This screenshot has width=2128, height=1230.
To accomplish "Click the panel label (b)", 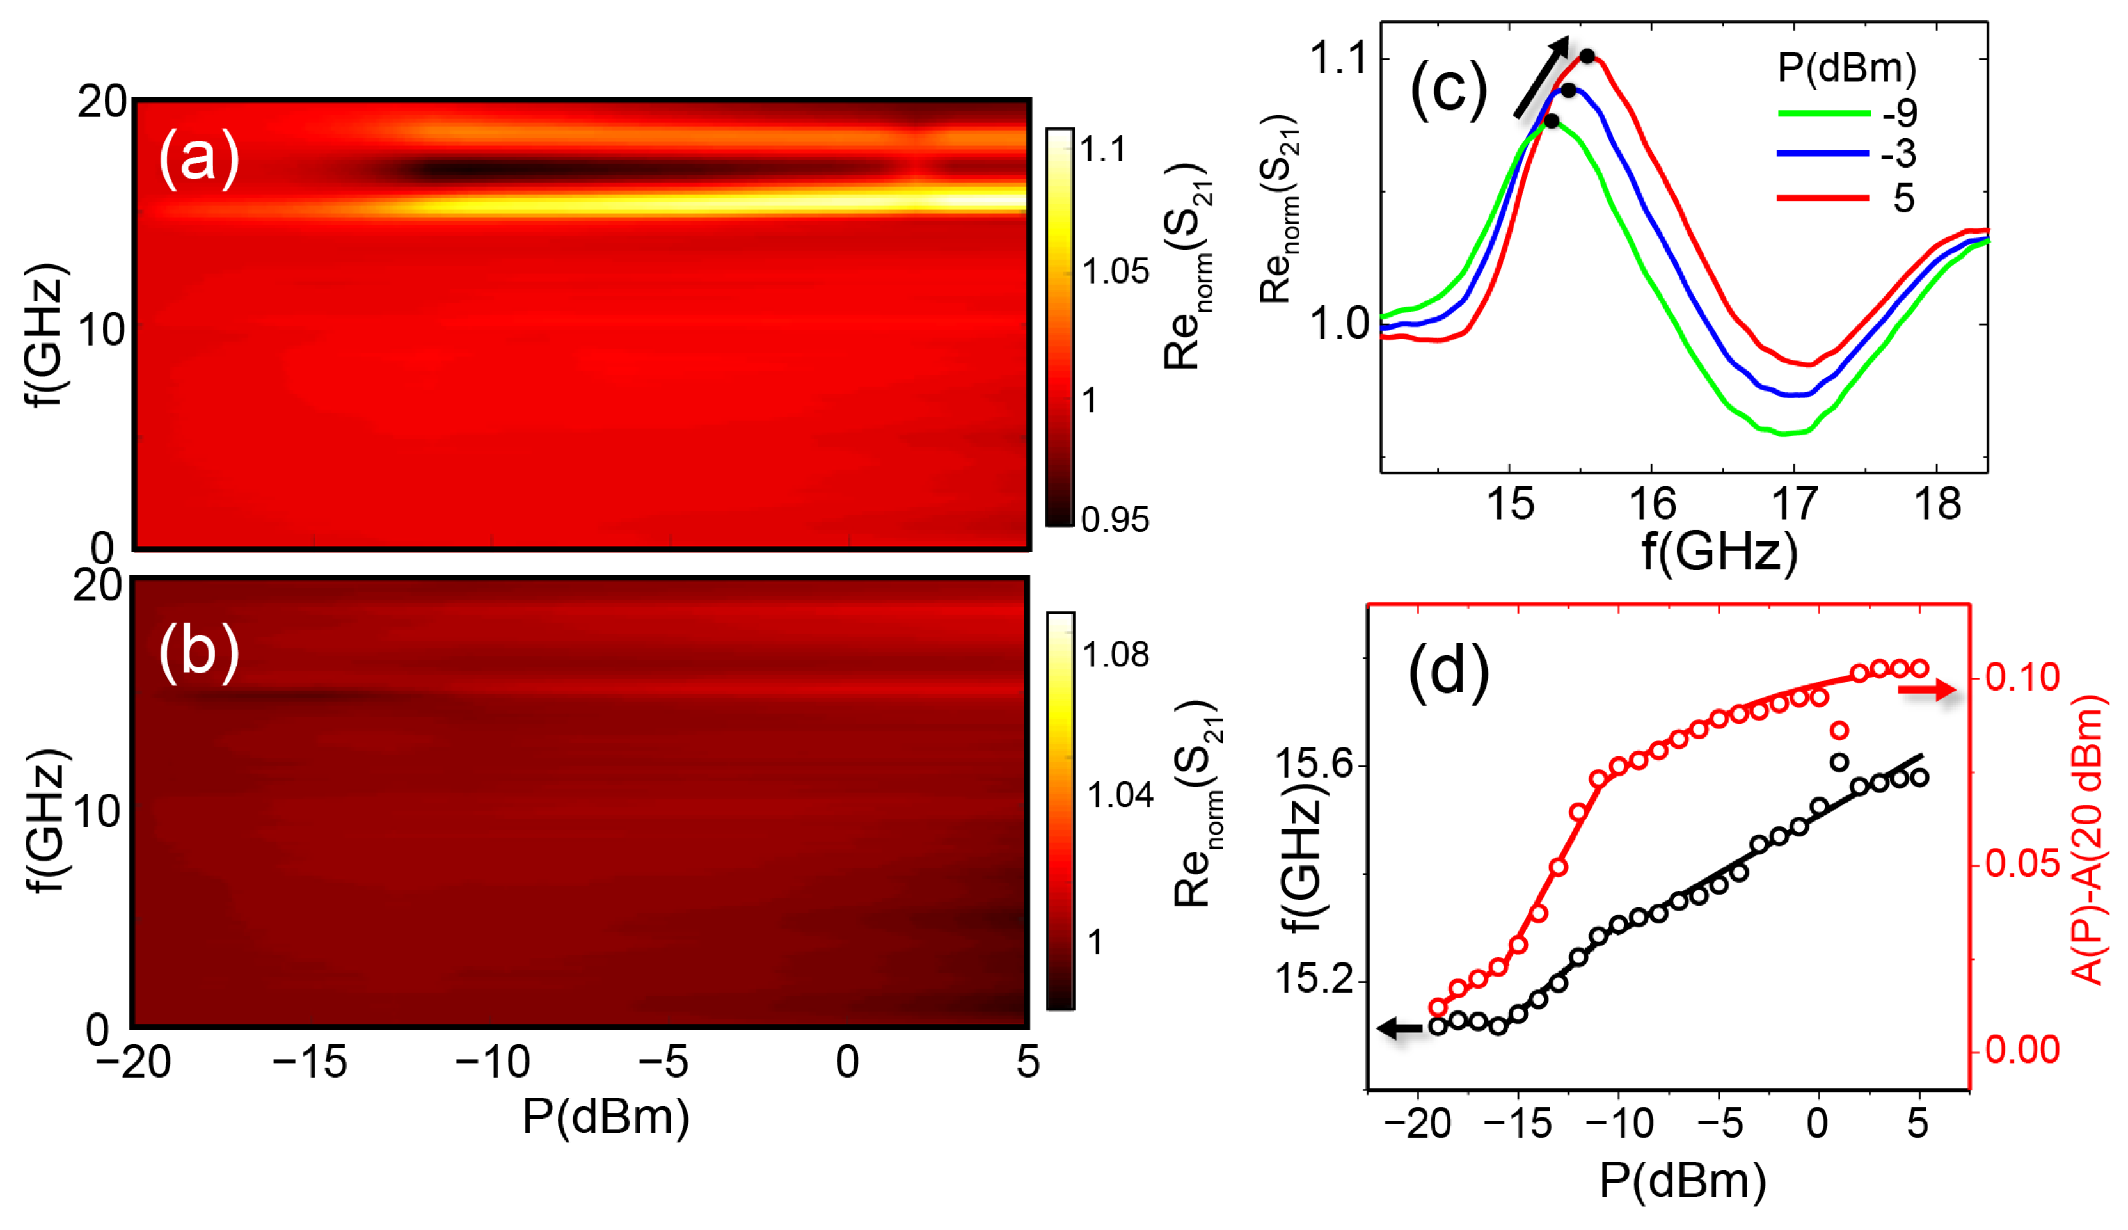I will coord(199,651).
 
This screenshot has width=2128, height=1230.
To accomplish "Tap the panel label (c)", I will coord(1449,89).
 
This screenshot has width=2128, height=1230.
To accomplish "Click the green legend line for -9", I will coord(1823,113).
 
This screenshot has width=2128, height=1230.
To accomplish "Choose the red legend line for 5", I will coord(1823,198).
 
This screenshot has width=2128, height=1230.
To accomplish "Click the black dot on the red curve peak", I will coord(1587,56).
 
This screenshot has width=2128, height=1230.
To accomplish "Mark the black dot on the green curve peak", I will coord(1552,121).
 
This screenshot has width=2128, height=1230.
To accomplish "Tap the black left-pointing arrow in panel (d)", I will coord(1400,1028).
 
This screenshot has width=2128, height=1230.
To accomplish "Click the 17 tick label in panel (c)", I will coord(1793,504).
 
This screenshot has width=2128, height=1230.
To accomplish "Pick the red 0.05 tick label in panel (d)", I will coord(2022,863).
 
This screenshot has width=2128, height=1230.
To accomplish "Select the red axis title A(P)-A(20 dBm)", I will coord(2088,840).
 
